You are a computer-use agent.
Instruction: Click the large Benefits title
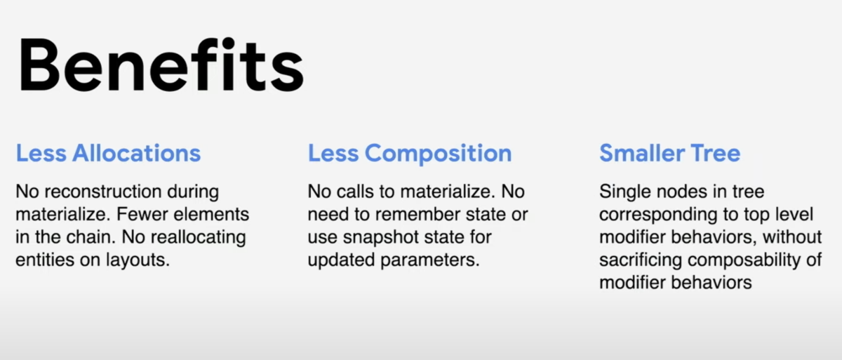tap(161, 65)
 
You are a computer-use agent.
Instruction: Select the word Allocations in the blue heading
tap(137, 153)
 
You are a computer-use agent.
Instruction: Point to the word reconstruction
tap(103, 192)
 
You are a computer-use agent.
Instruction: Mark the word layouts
tap(138, 260)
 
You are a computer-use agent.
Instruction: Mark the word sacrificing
tap(641, 260)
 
